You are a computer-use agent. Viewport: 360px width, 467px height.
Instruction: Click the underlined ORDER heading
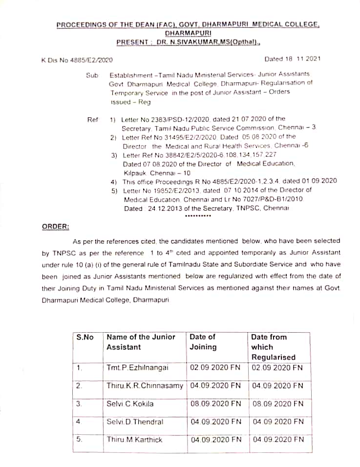[x=55, y=226]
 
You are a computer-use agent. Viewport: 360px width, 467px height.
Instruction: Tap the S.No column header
[x=85, y=337]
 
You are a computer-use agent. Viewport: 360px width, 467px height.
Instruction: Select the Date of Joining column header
[x=203, y=342]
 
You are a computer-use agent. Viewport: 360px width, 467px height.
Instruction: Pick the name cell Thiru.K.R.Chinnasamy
[x=145, y=385]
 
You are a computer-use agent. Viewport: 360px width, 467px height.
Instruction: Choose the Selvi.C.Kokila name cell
[x=130, y=403]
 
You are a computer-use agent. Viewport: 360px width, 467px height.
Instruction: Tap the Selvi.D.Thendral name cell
[x=134, y=422]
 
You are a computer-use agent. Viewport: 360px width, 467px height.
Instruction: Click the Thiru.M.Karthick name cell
[x=134, y=440]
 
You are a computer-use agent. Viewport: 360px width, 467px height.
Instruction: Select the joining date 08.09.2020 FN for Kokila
[x=216, y=403]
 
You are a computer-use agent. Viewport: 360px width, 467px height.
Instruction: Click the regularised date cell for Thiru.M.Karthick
[x=278, y=440]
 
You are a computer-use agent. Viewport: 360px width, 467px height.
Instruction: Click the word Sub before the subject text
[x=92, y=75]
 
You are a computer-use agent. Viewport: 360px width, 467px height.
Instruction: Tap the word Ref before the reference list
[x=92, y=119]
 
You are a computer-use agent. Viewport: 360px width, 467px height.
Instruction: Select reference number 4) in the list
[x=113, y=181]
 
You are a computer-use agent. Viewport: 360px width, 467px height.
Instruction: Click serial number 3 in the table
[x=79, y=403]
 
